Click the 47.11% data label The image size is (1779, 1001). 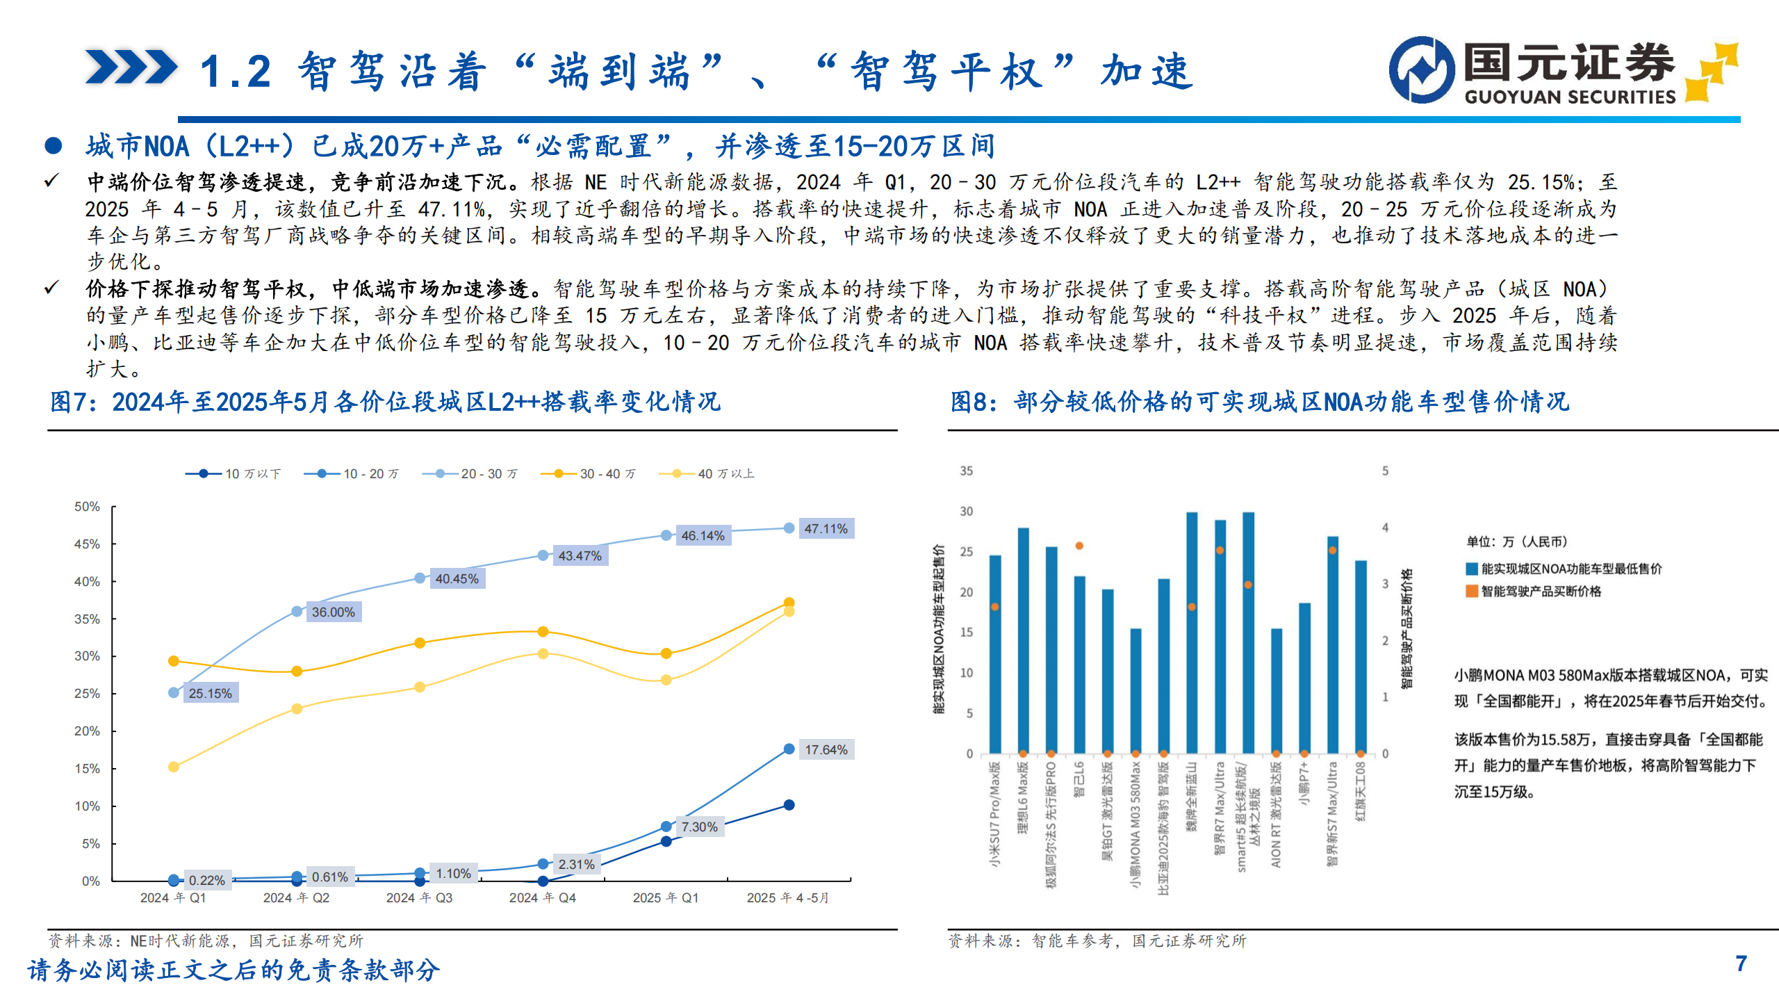(x=826, y=529)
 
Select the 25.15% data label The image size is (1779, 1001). (x=210, y=693)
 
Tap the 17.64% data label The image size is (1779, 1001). (x=826, y=750)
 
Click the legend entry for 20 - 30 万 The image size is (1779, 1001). (x=470, y=474)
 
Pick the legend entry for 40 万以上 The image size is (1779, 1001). (x=707, y=474)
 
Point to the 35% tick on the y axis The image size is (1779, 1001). (x=88, y=619)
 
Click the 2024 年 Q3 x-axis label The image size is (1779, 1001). (x=419, y=898)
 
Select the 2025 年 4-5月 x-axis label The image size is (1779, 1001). (x=787, y=898)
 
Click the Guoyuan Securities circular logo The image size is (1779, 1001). (x=1422, y=70)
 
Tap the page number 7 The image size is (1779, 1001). (x=1741, y=963)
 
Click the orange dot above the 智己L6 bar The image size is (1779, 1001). (x=1079, y=546)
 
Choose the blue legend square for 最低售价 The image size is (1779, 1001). (x=1471, y=569)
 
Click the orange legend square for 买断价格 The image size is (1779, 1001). (x=1471, y=592)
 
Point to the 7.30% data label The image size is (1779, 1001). (x=699, y=827)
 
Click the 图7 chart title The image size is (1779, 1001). (x=385, y=402)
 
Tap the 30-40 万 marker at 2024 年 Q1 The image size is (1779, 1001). (x=174, y=661)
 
